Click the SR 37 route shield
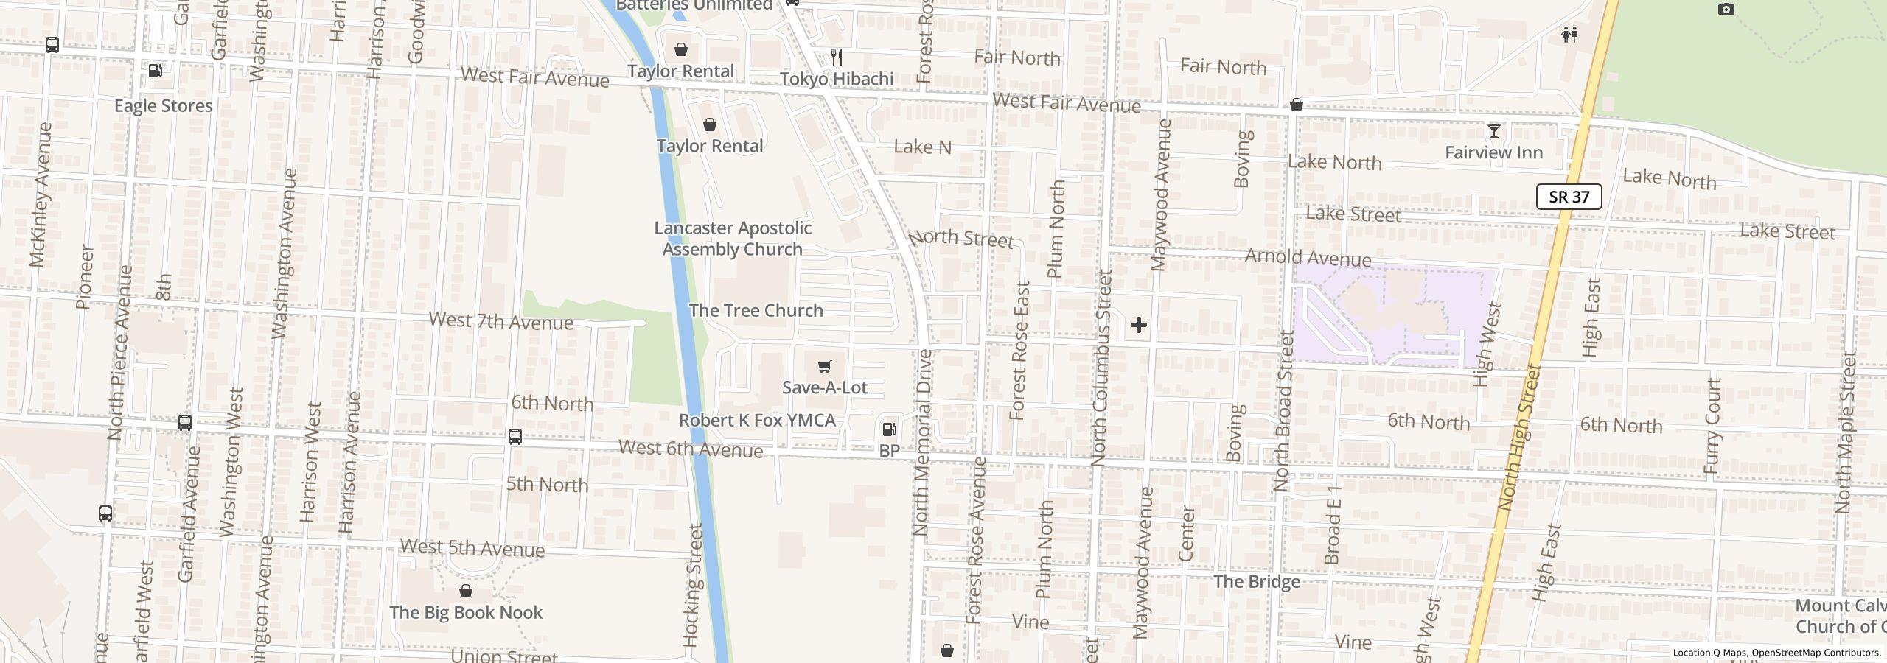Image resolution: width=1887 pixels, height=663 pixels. pos(1569,197)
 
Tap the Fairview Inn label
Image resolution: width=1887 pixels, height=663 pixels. pos(1493,152)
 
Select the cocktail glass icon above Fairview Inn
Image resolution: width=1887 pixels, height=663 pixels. pos(1493,131)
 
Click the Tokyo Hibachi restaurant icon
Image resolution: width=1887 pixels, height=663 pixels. pos(837,57)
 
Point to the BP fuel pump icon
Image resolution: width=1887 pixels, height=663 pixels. pos(889,429)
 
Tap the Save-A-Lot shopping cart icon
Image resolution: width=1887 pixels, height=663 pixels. pos(825,366)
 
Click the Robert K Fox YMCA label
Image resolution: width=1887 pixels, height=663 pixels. pos(757,420)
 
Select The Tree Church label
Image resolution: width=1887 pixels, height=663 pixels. pos(756,310)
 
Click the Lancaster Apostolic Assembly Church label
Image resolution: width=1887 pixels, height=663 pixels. pos(733,239)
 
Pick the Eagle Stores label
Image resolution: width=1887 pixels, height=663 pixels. pos(163,105)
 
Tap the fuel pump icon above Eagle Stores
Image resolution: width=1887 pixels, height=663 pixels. pos(156,71)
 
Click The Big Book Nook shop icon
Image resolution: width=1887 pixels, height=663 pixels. pos(465,591)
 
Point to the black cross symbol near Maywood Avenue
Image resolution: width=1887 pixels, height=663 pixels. pos(1138,325)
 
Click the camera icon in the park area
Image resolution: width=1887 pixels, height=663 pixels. pos(1726,10)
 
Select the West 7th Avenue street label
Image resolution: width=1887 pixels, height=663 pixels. pos(500,320)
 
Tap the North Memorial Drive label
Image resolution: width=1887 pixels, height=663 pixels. pos(921,442)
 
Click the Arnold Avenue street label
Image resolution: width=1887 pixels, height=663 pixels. pos(1308,257)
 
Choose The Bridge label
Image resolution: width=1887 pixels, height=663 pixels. pos(1256,581)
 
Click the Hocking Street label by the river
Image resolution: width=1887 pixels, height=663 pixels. pos(693,586)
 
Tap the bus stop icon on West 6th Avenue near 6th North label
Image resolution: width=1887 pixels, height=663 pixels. pos(515,437)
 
